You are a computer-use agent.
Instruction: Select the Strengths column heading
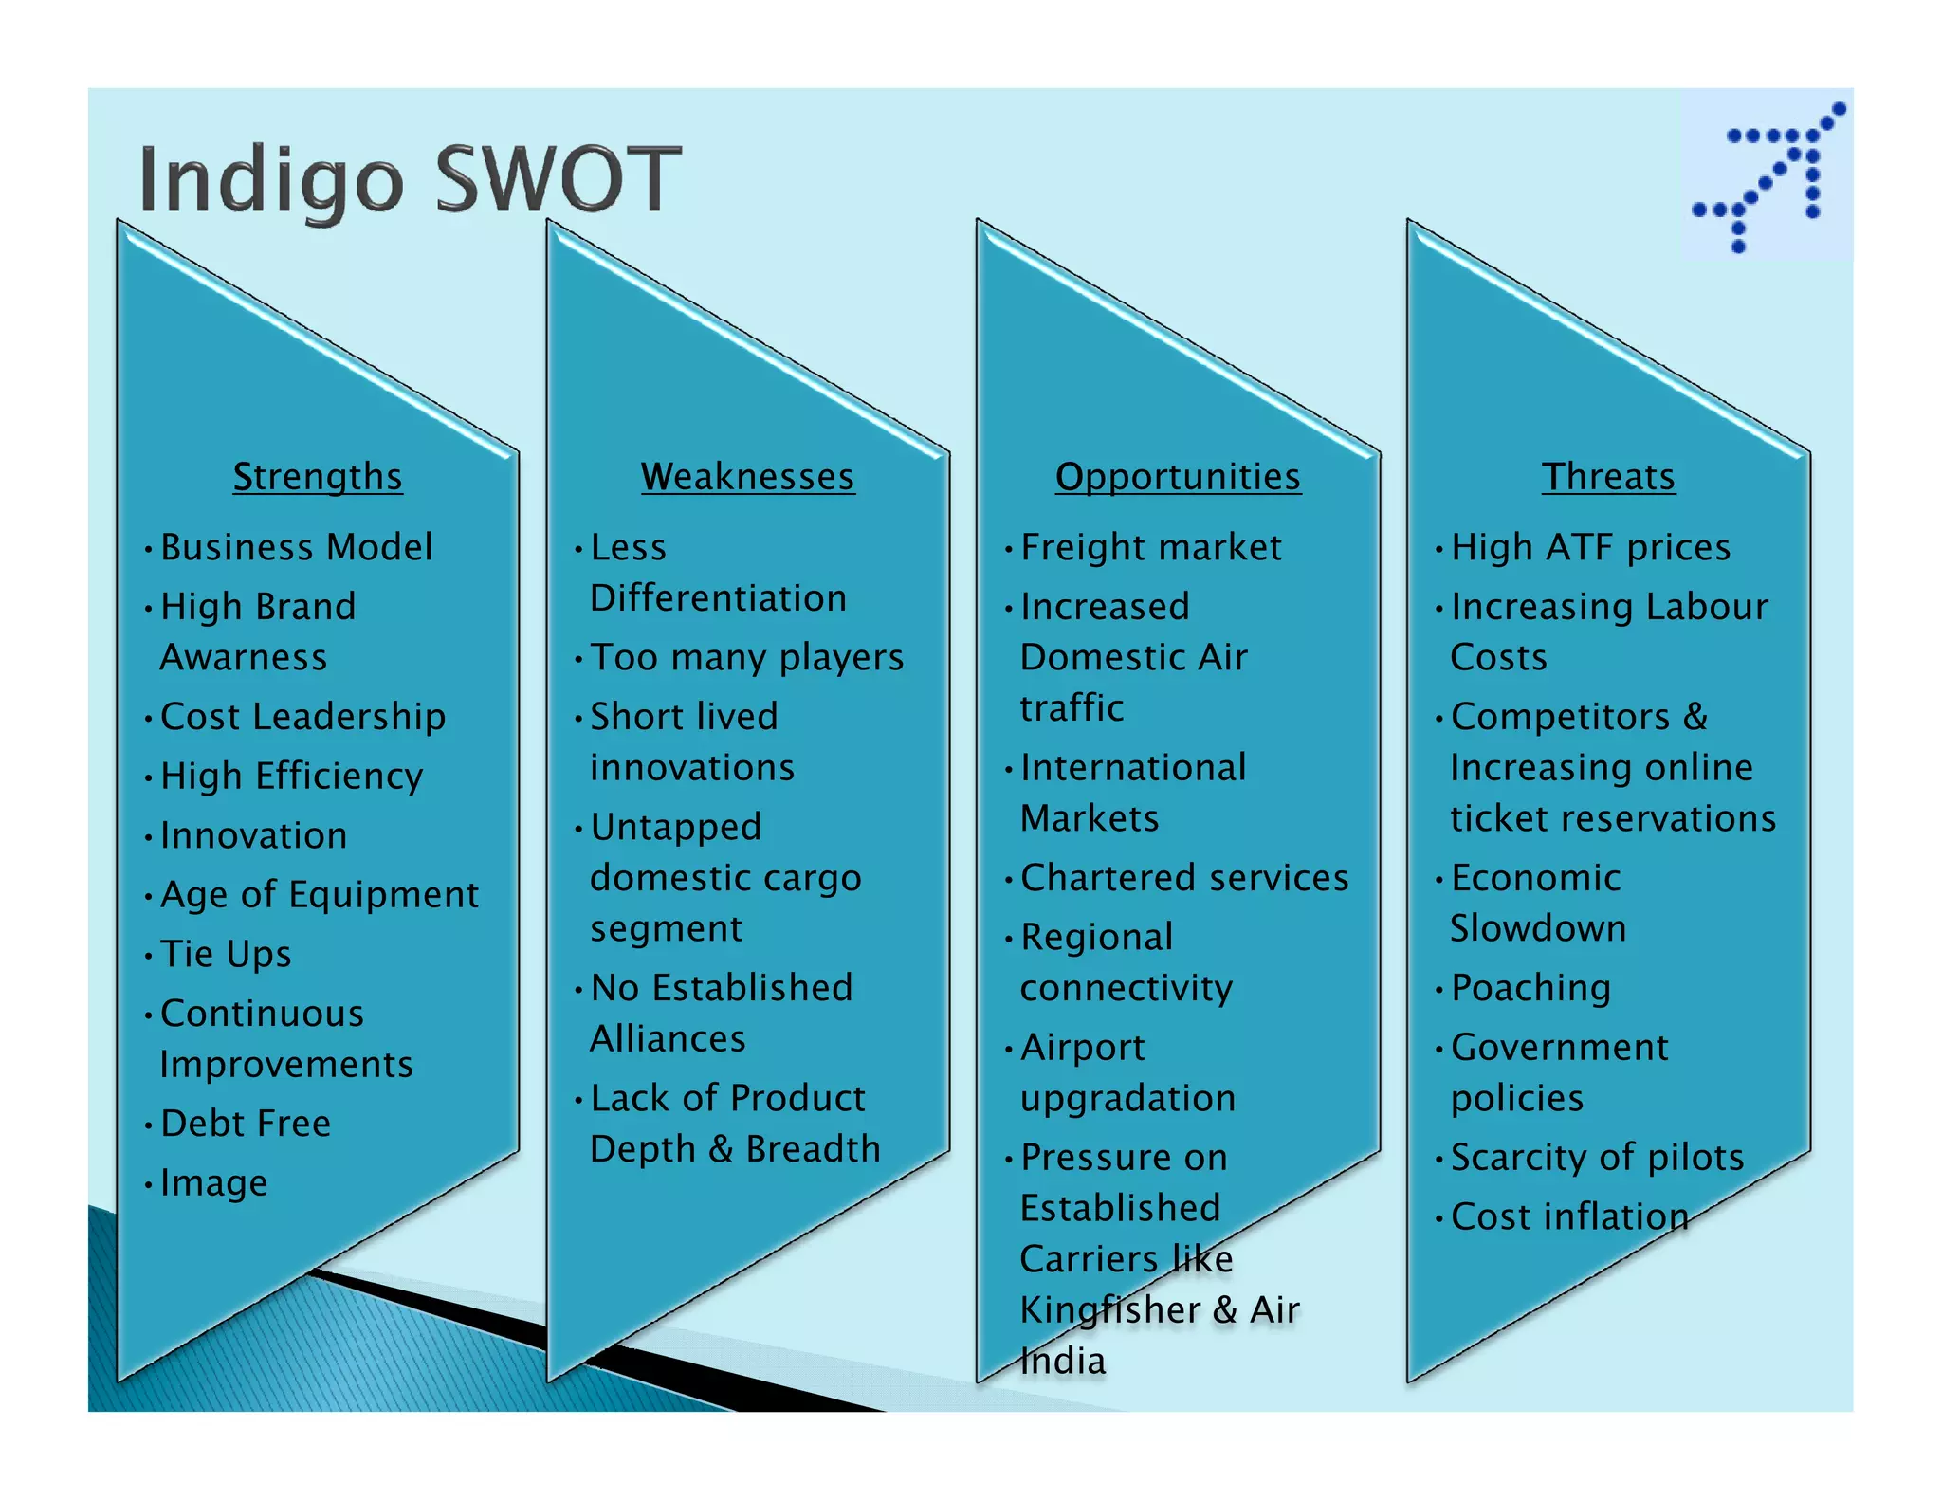tap(318, 476)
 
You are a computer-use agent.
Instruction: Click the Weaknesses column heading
tap(747, 476)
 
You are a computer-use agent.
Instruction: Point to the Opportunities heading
tap(1178, 476)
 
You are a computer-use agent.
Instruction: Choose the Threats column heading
tap(1608, 476)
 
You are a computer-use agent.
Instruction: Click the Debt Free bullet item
tap(246, 1124)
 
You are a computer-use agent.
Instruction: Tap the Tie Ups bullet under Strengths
tap(226, 954)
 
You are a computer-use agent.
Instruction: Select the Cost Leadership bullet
tap(302, 717)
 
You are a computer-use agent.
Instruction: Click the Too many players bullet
tap(747, 657)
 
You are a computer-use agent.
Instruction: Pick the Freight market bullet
tap(1151, 547)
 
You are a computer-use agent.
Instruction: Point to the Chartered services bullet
tap(1184, 878)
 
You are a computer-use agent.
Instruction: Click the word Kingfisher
tap(1109, 1310)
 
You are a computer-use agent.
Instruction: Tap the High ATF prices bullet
tap(1590, 547)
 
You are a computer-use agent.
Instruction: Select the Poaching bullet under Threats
tap(1530, 988)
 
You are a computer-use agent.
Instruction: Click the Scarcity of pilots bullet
tap(1598, 1158)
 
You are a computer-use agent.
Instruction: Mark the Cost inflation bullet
tap(1569, 1217)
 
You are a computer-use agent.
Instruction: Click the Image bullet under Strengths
tap(214, 1183)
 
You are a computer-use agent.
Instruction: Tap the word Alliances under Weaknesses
tap(668, 1039)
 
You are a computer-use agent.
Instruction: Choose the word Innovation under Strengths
tap(254, 835)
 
